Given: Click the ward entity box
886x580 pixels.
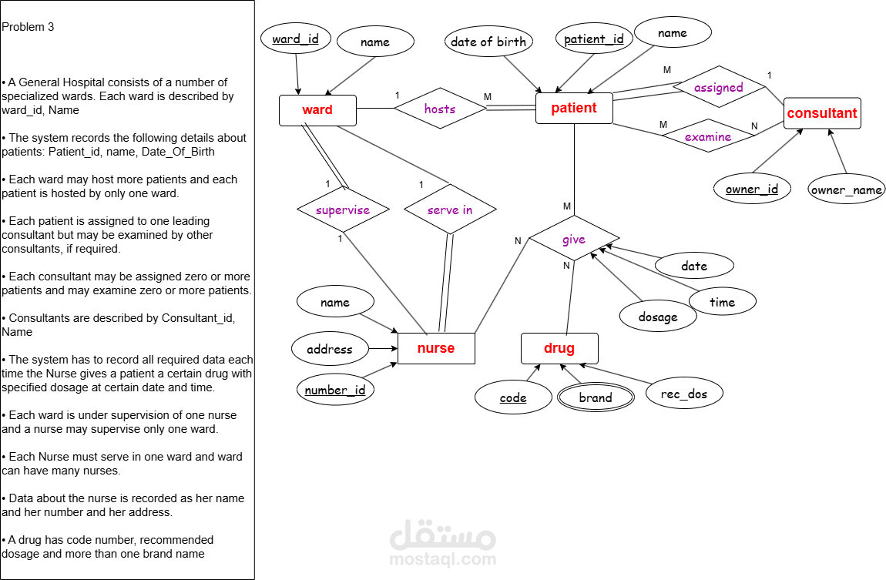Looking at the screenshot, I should (317, 110).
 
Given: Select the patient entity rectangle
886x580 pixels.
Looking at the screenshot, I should (574, 109).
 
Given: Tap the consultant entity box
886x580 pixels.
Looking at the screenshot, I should (822, 113).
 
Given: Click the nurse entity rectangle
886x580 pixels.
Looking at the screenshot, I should (436, 348).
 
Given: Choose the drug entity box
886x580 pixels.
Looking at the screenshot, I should (559, 348).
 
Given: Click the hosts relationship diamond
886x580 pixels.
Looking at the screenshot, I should (440, 109).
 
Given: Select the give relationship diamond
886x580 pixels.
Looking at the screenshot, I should (574, 240).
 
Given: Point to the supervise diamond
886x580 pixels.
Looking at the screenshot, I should (344, 210).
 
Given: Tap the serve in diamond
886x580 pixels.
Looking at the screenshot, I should (450, 210).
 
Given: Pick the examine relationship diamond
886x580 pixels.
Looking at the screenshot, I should (708, 137).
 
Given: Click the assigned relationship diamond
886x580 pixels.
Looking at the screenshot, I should (718, 88).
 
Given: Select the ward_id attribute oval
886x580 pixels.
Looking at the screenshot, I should (296, 39).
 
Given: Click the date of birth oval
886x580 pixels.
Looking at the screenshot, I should (488, 42).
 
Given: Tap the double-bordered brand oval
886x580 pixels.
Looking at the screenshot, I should (596, 397).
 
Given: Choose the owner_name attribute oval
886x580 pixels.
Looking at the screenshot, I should (847, 189).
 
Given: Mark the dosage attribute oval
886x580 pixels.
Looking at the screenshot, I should (658, 317).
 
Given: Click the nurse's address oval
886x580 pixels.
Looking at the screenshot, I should (330, 349).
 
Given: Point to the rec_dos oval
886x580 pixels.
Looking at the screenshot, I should (685, 394).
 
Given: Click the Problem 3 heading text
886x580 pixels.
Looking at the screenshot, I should (29, 27).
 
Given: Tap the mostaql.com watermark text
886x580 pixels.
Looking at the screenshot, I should (442, 559).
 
